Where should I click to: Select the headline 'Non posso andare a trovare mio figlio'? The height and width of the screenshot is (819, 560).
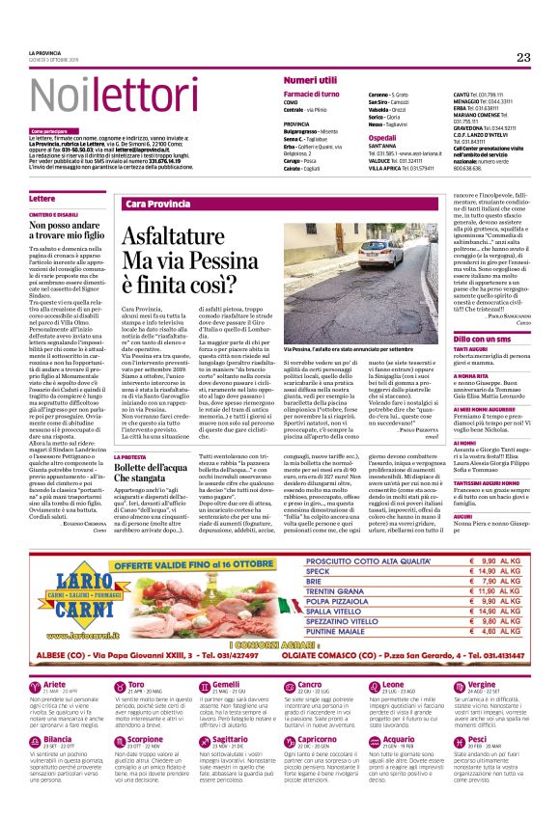[69, 228]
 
